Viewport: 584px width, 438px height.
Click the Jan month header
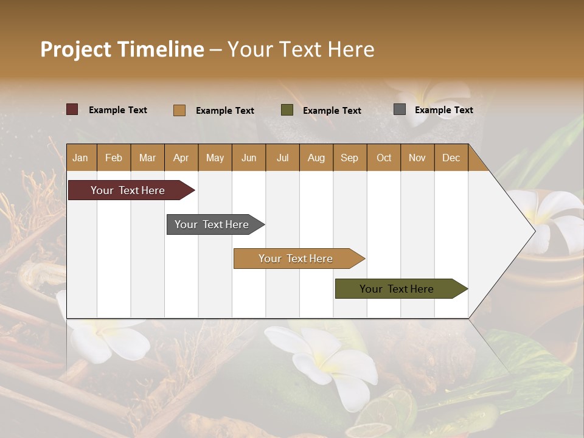coord(80,158)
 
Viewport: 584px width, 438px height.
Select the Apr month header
coord(181,158)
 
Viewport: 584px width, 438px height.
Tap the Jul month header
coord(282,158)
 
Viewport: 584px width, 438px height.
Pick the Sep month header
coord(349,158)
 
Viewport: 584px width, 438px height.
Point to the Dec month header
coord(451,158)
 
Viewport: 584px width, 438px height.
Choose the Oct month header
coord(384,158)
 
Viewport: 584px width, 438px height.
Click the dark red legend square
coord(72,109)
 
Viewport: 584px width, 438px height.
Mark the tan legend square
coord(179,110)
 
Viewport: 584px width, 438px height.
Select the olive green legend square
coord(287,110)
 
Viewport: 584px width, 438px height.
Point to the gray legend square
coord(399,109)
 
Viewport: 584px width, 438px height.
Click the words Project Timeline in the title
coord(122,49)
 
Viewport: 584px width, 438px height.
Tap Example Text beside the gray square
coord(443,109)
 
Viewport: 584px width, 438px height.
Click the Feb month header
coord(114,158)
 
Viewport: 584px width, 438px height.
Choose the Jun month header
coord(248,158)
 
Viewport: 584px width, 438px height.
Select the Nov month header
coord(417,158)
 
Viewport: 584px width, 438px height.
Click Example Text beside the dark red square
coord(117,109)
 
